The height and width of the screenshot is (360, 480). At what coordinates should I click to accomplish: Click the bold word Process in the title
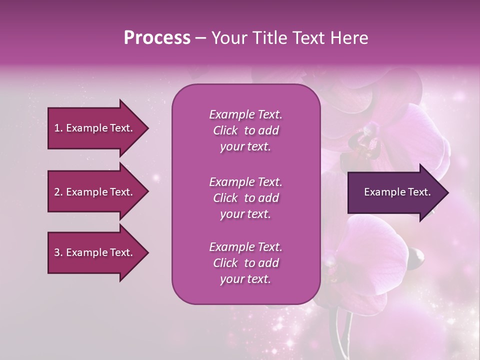pos(157,38)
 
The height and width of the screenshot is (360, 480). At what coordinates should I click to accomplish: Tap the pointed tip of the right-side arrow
pos(447,192)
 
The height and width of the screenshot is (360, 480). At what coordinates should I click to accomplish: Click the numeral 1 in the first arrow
pos(56,128)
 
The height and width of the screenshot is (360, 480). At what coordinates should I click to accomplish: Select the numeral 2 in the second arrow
pos(56,192)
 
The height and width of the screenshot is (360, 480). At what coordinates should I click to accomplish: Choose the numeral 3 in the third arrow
pos(56,252)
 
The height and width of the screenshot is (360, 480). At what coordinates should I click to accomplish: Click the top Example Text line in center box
pos(245,114)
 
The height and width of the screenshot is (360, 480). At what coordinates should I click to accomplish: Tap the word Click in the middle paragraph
pos(225,198)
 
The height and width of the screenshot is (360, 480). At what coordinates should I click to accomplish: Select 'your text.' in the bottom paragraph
pos(245,279)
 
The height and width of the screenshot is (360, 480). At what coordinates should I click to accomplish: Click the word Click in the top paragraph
pos(225,130)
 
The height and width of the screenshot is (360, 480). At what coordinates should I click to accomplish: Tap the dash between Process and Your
pos(201,38)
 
